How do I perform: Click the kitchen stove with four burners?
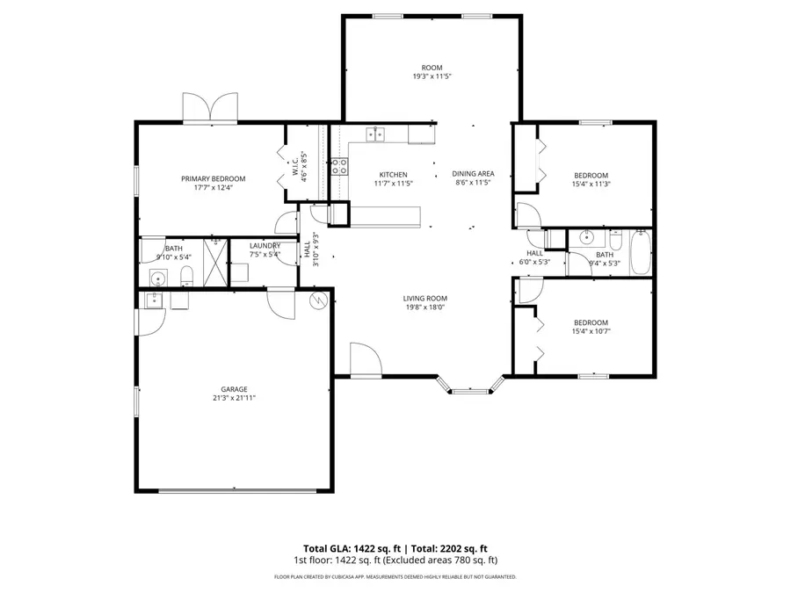point(339,167)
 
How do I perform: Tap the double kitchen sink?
point(375,134)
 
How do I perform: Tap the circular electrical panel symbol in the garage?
point(318,300)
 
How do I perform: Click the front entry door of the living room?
point(364,362)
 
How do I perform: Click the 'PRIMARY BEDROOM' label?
point(214,178)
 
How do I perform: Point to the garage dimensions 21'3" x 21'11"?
point(234,398)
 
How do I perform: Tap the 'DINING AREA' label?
point(473,174)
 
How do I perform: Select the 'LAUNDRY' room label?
point(265,246)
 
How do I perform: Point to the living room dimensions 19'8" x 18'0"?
point(425,307)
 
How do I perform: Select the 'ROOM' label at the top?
point(432,68)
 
